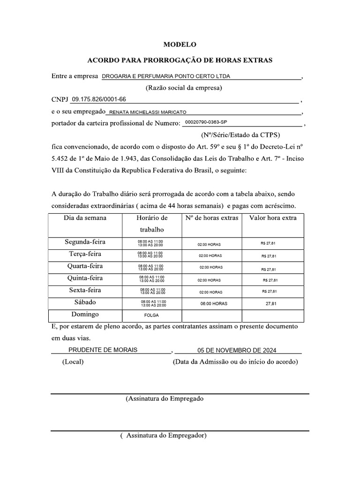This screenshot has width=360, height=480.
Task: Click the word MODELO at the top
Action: (x=180, y=45)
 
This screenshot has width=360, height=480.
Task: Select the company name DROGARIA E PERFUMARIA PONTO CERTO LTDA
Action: (x=166, y=76)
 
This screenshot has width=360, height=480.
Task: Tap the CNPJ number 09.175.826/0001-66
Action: (x=98, y=99)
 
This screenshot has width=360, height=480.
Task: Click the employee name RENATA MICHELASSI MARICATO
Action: (x=148, y=112)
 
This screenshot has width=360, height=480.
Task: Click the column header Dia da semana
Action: (x=85, y=218)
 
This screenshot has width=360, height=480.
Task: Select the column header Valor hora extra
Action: (x=273, y=218)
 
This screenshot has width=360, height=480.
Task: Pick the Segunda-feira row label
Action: (x=85, y=242)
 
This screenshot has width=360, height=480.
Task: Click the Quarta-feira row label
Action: (x=85, y=266)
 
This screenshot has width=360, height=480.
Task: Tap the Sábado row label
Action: (x=85, y=302)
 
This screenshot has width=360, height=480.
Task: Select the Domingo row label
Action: (x=85, y=314)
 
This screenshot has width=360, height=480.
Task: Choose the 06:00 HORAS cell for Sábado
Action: (x=213, y=304)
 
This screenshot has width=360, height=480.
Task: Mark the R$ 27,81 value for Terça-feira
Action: (x=269, y=256)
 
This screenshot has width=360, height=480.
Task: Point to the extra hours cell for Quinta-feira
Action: (x=209, y=280)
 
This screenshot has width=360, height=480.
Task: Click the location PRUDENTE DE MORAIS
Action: (x=103, y=350)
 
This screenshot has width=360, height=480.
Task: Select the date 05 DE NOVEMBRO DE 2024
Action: (x=237, y=350)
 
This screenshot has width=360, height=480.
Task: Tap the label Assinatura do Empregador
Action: (x=163, y=435)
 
